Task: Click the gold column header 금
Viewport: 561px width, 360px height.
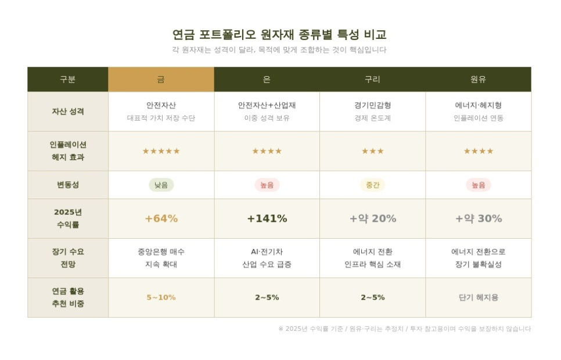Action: coord(161,80)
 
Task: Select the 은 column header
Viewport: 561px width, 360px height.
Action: coord(267,80)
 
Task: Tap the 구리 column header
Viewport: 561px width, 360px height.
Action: coord(372,80)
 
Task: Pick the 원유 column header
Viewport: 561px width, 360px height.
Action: coord(478,80)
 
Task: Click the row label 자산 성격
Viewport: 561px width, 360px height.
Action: coord(67,111)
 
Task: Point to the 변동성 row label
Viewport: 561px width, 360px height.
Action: coord(67,185)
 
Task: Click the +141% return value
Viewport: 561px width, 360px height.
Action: coord(267,218)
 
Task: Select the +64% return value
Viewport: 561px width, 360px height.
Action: coord(161,218)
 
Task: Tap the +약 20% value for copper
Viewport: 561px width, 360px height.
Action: coord(372,218)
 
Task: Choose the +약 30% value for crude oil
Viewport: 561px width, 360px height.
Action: coord(478,218)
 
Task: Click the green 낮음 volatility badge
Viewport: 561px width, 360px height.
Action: coord(161,185)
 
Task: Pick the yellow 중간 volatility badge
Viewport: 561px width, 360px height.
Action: coord(372,185)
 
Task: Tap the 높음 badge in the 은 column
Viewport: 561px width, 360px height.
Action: coord(267,185)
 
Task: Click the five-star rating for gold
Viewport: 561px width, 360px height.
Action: coord(161,151)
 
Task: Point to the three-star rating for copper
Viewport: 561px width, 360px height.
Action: coord(372,151)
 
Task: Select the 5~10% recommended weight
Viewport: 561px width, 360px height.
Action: coord(161,297)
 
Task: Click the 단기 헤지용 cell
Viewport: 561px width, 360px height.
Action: coord(478,297)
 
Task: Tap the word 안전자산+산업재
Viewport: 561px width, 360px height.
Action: coord(267,106)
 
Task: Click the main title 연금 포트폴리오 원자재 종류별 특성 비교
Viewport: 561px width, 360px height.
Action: coord(279,34)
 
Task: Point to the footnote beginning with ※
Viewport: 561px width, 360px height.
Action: coord(404,329)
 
